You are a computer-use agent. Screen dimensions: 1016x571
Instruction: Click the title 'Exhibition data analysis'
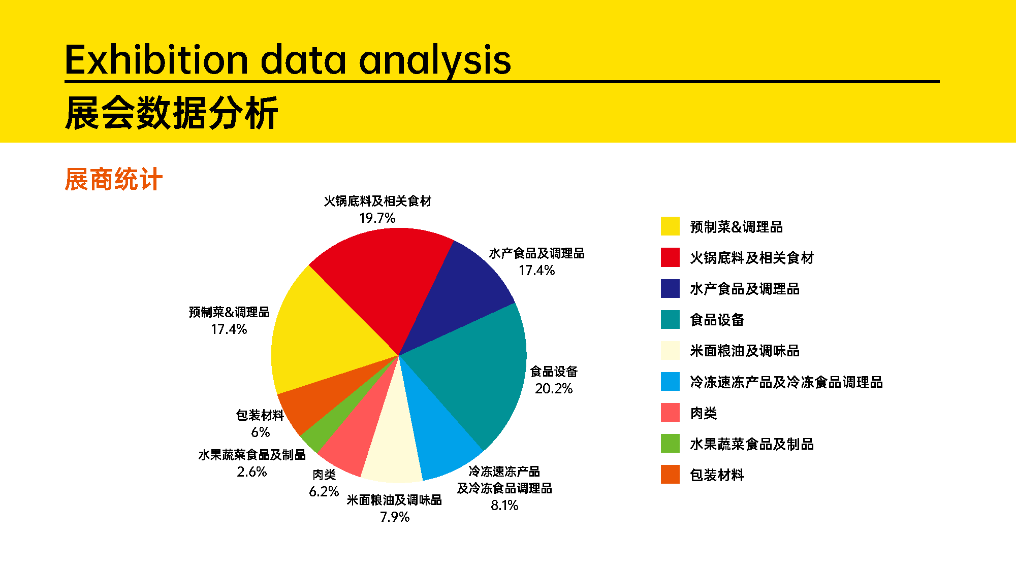click(x=288, y=60)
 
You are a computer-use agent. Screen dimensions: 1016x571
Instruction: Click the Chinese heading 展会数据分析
click(x=172, y=113)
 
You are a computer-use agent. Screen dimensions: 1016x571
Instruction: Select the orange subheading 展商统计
click(x=114, y=179)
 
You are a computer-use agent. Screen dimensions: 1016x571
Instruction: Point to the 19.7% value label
click(x=377, y=218)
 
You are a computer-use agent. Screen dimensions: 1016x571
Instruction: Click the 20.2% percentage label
click(x=554, y=389)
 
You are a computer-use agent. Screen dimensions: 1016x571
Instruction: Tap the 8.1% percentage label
click(x=504, y=506)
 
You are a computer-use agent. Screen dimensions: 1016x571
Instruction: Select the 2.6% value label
click(x=252, y=472)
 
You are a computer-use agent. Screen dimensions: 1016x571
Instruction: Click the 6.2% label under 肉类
click(x=324, y=492)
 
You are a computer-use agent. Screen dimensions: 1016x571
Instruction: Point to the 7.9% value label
click(x=395, y=517)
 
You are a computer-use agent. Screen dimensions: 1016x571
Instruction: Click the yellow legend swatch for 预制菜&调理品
click(x=670, y=226)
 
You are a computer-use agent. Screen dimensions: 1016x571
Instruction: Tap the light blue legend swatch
click(x=670, y=382)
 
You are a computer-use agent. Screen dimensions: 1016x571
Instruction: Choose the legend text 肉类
click(x=704, y=413)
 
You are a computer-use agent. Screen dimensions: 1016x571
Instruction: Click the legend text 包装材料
click(x=717, y=475)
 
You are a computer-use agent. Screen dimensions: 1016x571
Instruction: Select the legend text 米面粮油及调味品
click(x=745, y=351)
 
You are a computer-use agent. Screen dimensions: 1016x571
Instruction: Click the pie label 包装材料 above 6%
click(x=260, y=415)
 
